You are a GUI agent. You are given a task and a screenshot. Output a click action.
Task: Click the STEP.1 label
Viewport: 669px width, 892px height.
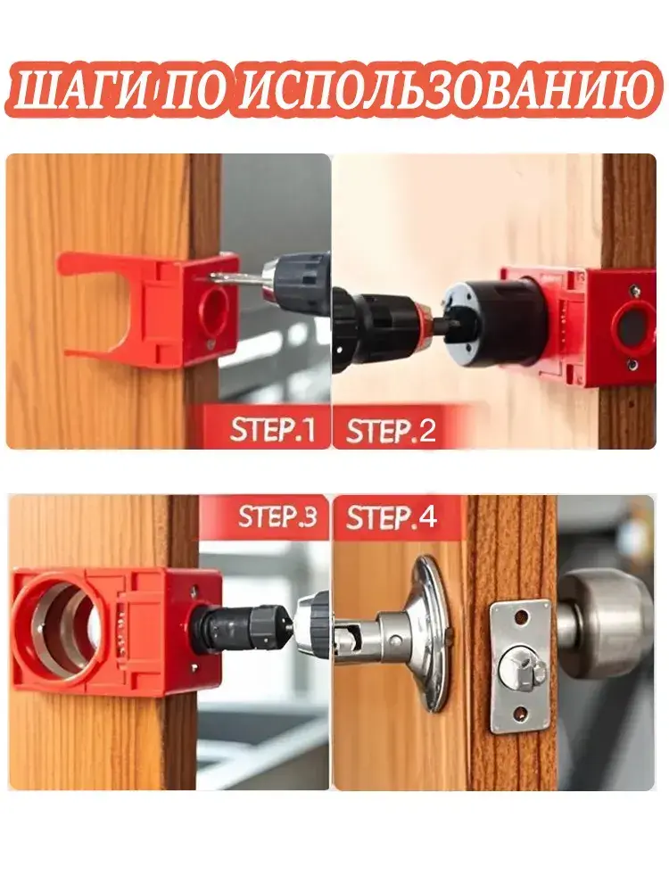point(272,430)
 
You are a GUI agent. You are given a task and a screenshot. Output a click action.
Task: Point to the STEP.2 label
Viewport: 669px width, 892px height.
point(391,431)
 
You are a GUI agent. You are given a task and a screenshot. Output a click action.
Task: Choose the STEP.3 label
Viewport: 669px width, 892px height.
point(277,517)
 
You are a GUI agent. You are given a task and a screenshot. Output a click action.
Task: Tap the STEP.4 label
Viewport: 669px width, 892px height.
point(392,517)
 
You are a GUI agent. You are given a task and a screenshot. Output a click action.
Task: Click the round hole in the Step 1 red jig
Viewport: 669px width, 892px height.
point(215,308)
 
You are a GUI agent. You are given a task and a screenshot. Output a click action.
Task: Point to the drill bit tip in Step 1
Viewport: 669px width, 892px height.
point(212,277)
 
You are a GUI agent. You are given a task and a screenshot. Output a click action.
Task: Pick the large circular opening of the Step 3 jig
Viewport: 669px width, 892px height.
point(57,623)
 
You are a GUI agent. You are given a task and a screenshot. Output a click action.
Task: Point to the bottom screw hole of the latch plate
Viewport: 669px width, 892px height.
point(519,712)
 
